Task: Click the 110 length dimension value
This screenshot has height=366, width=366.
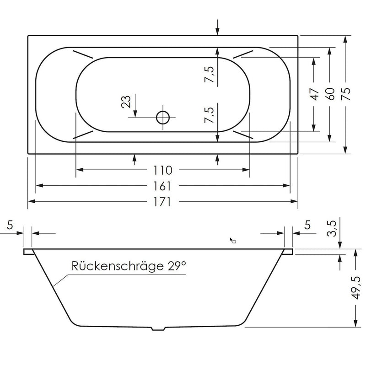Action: click(x=163, y=171)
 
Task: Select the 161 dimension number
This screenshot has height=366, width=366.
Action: click(x=163, y=186)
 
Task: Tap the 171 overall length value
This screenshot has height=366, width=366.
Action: click(x=163, y=202)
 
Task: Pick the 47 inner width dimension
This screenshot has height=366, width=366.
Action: click(x=314, y=94)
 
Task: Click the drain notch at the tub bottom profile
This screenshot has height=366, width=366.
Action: click(x=158, y=328)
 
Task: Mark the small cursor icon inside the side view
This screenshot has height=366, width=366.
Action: click(x=232, y=240)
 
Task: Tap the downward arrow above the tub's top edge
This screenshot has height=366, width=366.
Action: click(x=217, y=27)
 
